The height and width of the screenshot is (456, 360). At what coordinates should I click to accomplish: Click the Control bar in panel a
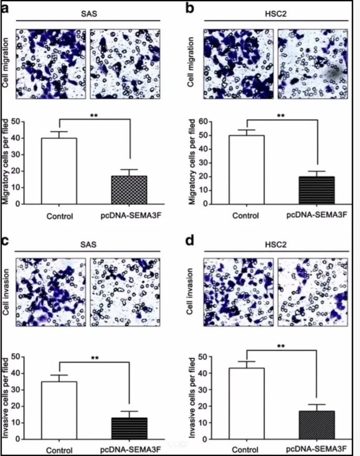click(59, 171)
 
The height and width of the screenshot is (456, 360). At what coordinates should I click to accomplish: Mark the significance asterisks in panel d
click(281, 347)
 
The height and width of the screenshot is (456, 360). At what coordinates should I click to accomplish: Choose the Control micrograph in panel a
click(49, 63)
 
